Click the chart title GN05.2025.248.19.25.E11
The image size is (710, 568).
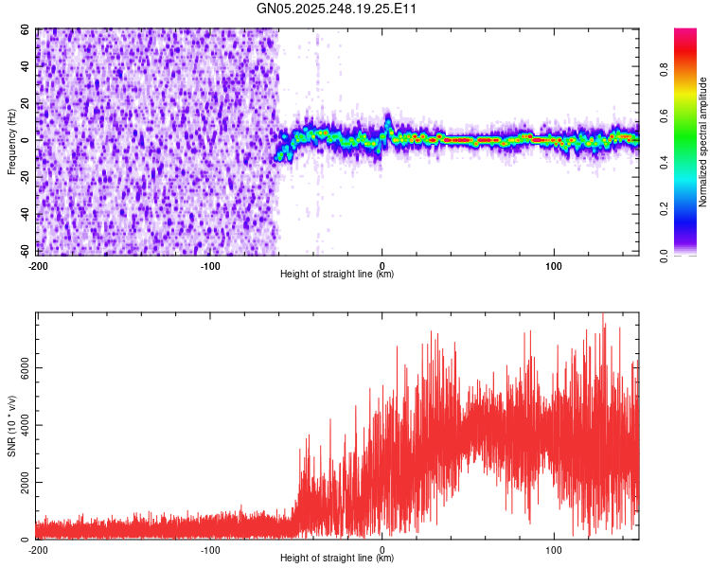[x=338, y=9]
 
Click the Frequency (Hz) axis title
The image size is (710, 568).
[x=11, y=142]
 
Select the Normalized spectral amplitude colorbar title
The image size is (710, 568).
[x=703, y=142]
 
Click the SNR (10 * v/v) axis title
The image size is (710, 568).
[x=11, y=426]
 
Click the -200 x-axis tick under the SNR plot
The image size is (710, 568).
[x=38, y=549]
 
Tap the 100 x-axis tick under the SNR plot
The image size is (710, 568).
[x=555, y=549]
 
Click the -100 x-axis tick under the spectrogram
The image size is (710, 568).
[x=210, y=265]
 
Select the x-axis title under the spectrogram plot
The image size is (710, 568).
[x=337, y=275]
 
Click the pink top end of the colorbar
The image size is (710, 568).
[x=685, y=34]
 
